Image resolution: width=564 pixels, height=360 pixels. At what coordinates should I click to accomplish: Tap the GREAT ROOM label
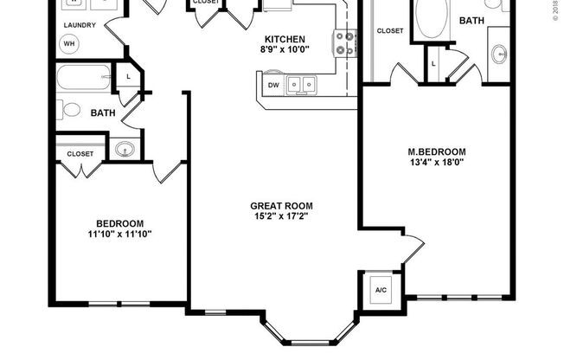pos(281,206)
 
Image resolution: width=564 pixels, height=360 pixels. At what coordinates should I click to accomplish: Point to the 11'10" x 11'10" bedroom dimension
pos(120,234)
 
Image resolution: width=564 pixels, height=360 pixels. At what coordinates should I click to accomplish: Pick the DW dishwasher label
pos(273,85)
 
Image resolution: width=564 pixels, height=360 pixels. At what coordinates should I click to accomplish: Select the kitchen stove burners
pos(345,43)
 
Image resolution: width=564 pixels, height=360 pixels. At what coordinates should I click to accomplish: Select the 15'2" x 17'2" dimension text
pos(281,217)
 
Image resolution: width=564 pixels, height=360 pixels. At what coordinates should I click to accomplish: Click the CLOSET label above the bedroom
pos(80,153)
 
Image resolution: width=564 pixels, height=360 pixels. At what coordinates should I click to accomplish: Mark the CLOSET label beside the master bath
pos(390,31)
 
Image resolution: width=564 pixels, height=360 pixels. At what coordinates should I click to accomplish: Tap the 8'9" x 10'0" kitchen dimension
pos(285,51)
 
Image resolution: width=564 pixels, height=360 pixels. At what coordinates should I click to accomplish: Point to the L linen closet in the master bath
pos(433,63)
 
